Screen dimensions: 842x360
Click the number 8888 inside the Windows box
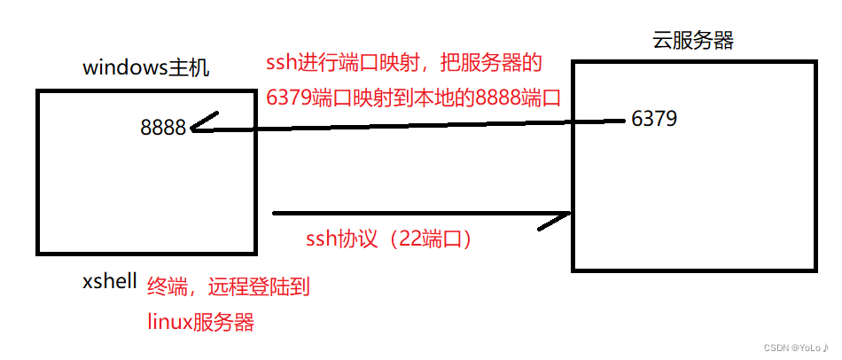point(163,128)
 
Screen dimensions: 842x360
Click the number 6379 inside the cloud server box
point(655,118)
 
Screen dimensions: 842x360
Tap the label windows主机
point(146,68)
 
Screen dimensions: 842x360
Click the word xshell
point(110,282)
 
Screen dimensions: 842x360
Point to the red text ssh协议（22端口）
point(388,239)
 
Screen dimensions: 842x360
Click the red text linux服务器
point(200,322)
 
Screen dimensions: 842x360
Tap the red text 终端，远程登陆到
point(228,286)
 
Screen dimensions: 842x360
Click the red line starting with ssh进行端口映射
point(403,64)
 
